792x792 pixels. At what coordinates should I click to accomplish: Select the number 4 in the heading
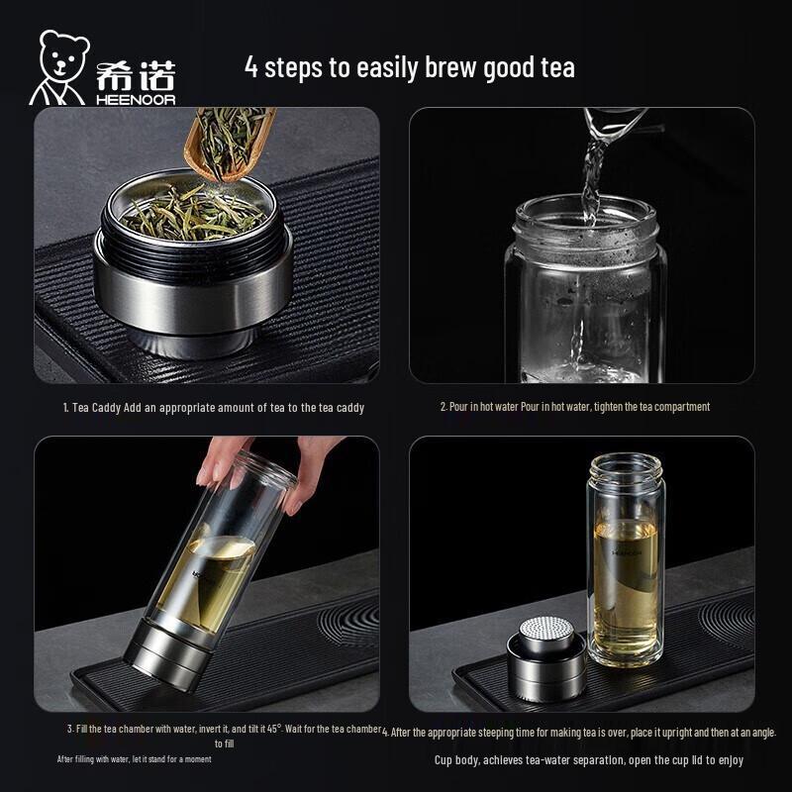251,67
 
